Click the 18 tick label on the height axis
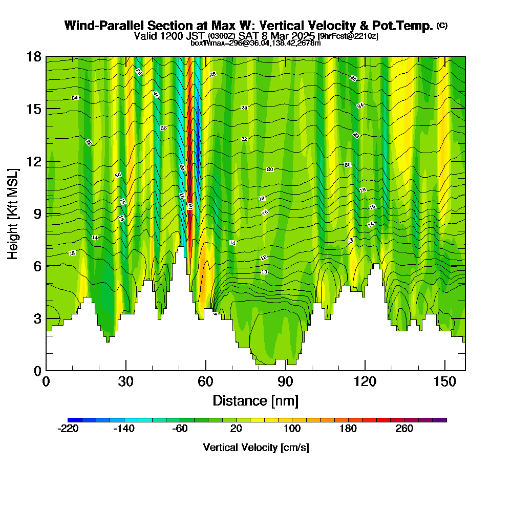[x=34, y=56]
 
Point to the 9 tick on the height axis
[x=46, y=214]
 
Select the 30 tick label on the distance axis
[x=125, y=382]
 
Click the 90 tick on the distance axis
[x=285, y=370]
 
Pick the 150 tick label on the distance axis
[x=445, y=382]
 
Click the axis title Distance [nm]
[x=255, y=400]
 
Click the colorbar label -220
[x=68, y=429]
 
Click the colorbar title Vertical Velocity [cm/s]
[x=255, y=448]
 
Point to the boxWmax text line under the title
[x=255, y=43]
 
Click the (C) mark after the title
[x=442, y=25]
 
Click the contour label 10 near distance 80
[x=264, y=272]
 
